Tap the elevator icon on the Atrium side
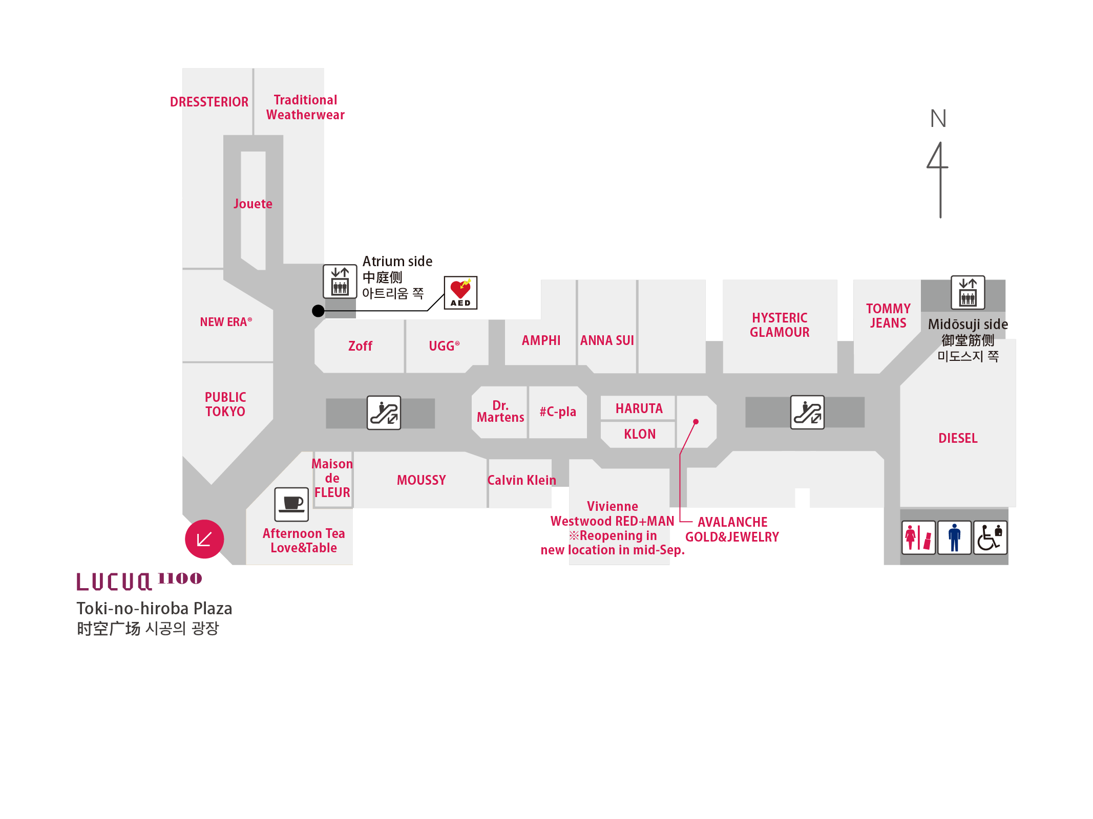pyautogui.click(x=340, y=281)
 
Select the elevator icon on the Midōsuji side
pyautogui.click(x=968, y=292)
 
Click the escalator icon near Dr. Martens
pyautogui.click(x=384, y=413)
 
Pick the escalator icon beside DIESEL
pyautogui.click(x=807, y=412)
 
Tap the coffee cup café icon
pyautogui.click(x=291, y=504)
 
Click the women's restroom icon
pyautogui.click(x=918, y=537)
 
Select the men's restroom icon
pyautogui.click(x=954, y=537)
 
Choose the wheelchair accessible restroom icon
pyautogui.click(x=990, y=537)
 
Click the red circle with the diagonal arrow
pyautogui.click(x=204, y=539)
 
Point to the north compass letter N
pyautogui.click(x=938, y=119)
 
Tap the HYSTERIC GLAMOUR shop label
pyautogui.click(x=780, y=325)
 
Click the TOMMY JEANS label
pyautogui.click(x=888, y=316)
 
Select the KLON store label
pyautogui.click(x=640, y=434)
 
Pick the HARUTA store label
pyautogui.click(x=639, y=408)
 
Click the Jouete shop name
pyautogui.click(x=253, y=204)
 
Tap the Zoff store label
pyautogui.click(x=360, y=346)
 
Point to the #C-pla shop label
pyautogui.click(x=558, y=412)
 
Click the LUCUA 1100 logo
pyautogui.click(x=139, y=581)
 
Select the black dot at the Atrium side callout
pyautogui.click(x=318, y=311)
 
